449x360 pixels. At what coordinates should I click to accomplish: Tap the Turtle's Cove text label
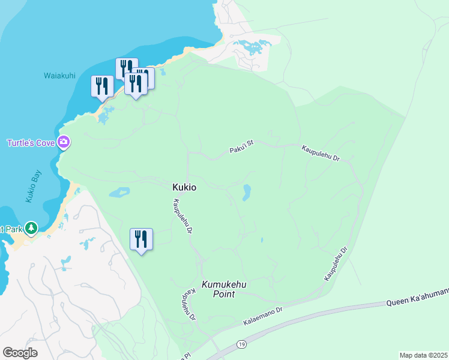tap(31, 143)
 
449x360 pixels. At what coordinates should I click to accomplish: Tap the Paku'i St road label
tap(242, 147)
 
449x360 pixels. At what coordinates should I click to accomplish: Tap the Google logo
tap(20, 353)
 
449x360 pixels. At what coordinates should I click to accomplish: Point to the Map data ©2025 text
tap(423, 355)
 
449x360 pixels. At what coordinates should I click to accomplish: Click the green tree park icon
tap(32, 228)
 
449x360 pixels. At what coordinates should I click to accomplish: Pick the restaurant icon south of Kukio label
tap(142, 239)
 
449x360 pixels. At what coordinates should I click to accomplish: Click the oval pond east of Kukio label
tap(246, 193)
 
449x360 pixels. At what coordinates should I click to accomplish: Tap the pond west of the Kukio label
tap(119, 193)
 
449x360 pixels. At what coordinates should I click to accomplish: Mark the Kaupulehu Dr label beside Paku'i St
tap(321, 154)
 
